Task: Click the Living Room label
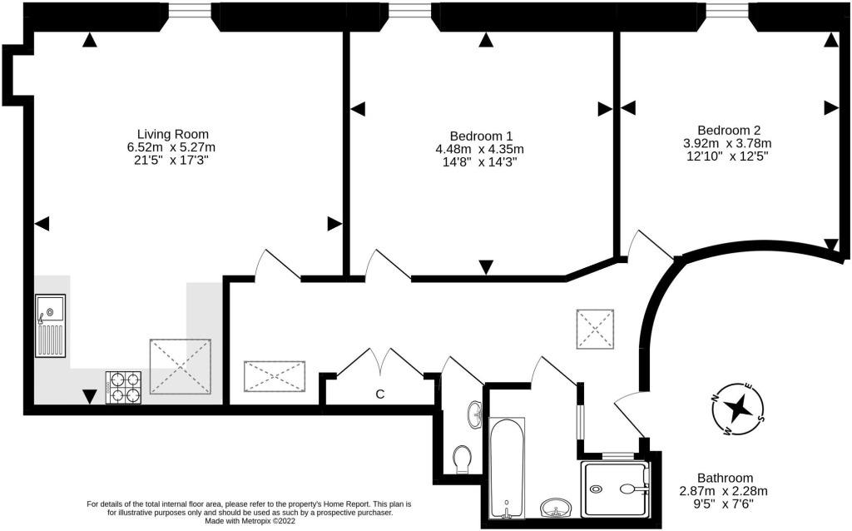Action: (x=173, y=134)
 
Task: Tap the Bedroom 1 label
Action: (x=481, y=136)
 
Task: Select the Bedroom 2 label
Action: (x=729, y=131)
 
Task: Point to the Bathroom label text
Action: (x=725, y=479)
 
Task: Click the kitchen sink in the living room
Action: (x=51, y=325)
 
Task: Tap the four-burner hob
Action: (x=123, y=388)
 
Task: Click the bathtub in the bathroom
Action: (x=507, y=468)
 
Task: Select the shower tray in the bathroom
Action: (x=616, y=489)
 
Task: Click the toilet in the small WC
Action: (x=462, y=459)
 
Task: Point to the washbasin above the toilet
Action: (x=474, y=414)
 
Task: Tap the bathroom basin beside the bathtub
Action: (x=556, y=508)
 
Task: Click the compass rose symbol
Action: (x=738, y=409)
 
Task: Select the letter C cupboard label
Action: (x=380, y=394)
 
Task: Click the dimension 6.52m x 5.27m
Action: (x=171, y=147)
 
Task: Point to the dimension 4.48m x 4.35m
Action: (x=480, y=149)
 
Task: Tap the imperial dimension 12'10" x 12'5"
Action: (x=727, y=156)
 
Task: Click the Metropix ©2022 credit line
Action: (x=250, y=521)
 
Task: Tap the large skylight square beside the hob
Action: (x=181, y=366)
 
